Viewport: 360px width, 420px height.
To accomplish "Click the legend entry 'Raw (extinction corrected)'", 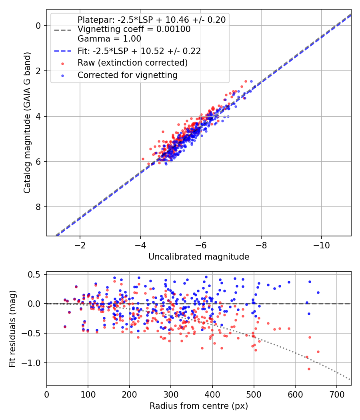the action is point(132,63).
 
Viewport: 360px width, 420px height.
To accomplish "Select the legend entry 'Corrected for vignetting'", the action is point(128,75).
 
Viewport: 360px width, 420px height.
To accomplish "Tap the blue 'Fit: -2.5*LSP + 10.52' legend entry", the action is point(139,51).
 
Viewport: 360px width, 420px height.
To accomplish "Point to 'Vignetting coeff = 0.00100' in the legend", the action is point(134,29).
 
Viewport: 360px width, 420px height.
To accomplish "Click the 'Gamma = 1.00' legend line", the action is point(109,39).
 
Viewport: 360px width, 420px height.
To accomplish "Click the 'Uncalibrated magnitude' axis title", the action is point(199,257).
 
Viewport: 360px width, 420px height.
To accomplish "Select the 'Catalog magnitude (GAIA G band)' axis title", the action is point(27,123).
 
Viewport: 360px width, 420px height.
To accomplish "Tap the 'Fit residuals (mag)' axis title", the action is point(12,329).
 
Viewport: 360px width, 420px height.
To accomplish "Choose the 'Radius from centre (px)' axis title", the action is point(199,406).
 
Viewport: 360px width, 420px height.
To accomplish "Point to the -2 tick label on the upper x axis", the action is point(80,245).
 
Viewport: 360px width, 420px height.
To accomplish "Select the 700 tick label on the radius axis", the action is point(336,394).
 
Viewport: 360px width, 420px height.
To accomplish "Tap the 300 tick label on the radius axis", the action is point(171,394).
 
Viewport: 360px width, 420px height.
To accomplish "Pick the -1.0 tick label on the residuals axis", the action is point(31,363).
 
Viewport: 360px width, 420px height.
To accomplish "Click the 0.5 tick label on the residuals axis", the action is point(34,274).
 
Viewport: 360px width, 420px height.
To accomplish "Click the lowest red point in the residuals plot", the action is point(309,369).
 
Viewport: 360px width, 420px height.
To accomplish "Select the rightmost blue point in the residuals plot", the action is point(318,292).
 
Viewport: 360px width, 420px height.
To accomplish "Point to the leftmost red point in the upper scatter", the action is point(143,159).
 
